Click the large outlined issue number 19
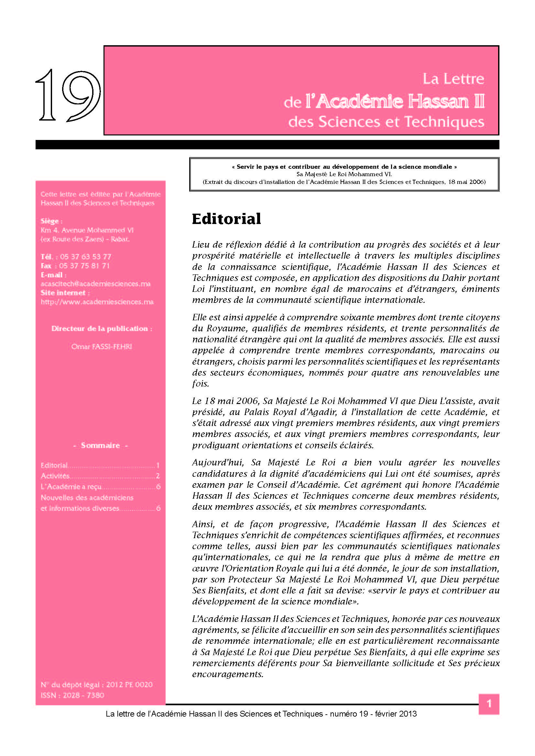pos(68,95)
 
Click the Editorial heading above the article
pos(226,219)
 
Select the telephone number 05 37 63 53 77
pos(86,257)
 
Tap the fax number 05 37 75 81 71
pos(84,266)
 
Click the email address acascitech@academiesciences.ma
pos(95,284)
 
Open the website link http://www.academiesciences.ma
pos(97,302)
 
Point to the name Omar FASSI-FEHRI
pos(102,346)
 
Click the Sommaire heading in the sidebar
pos(100,445)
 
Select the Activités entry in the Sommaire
pos(55,476)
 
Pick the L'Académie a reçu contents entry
pos(71,487)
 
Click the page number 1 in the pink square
pos(489,704)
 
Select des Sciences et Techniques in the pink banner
pos(386,122)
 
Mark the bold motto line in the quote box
pos(344,167)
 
